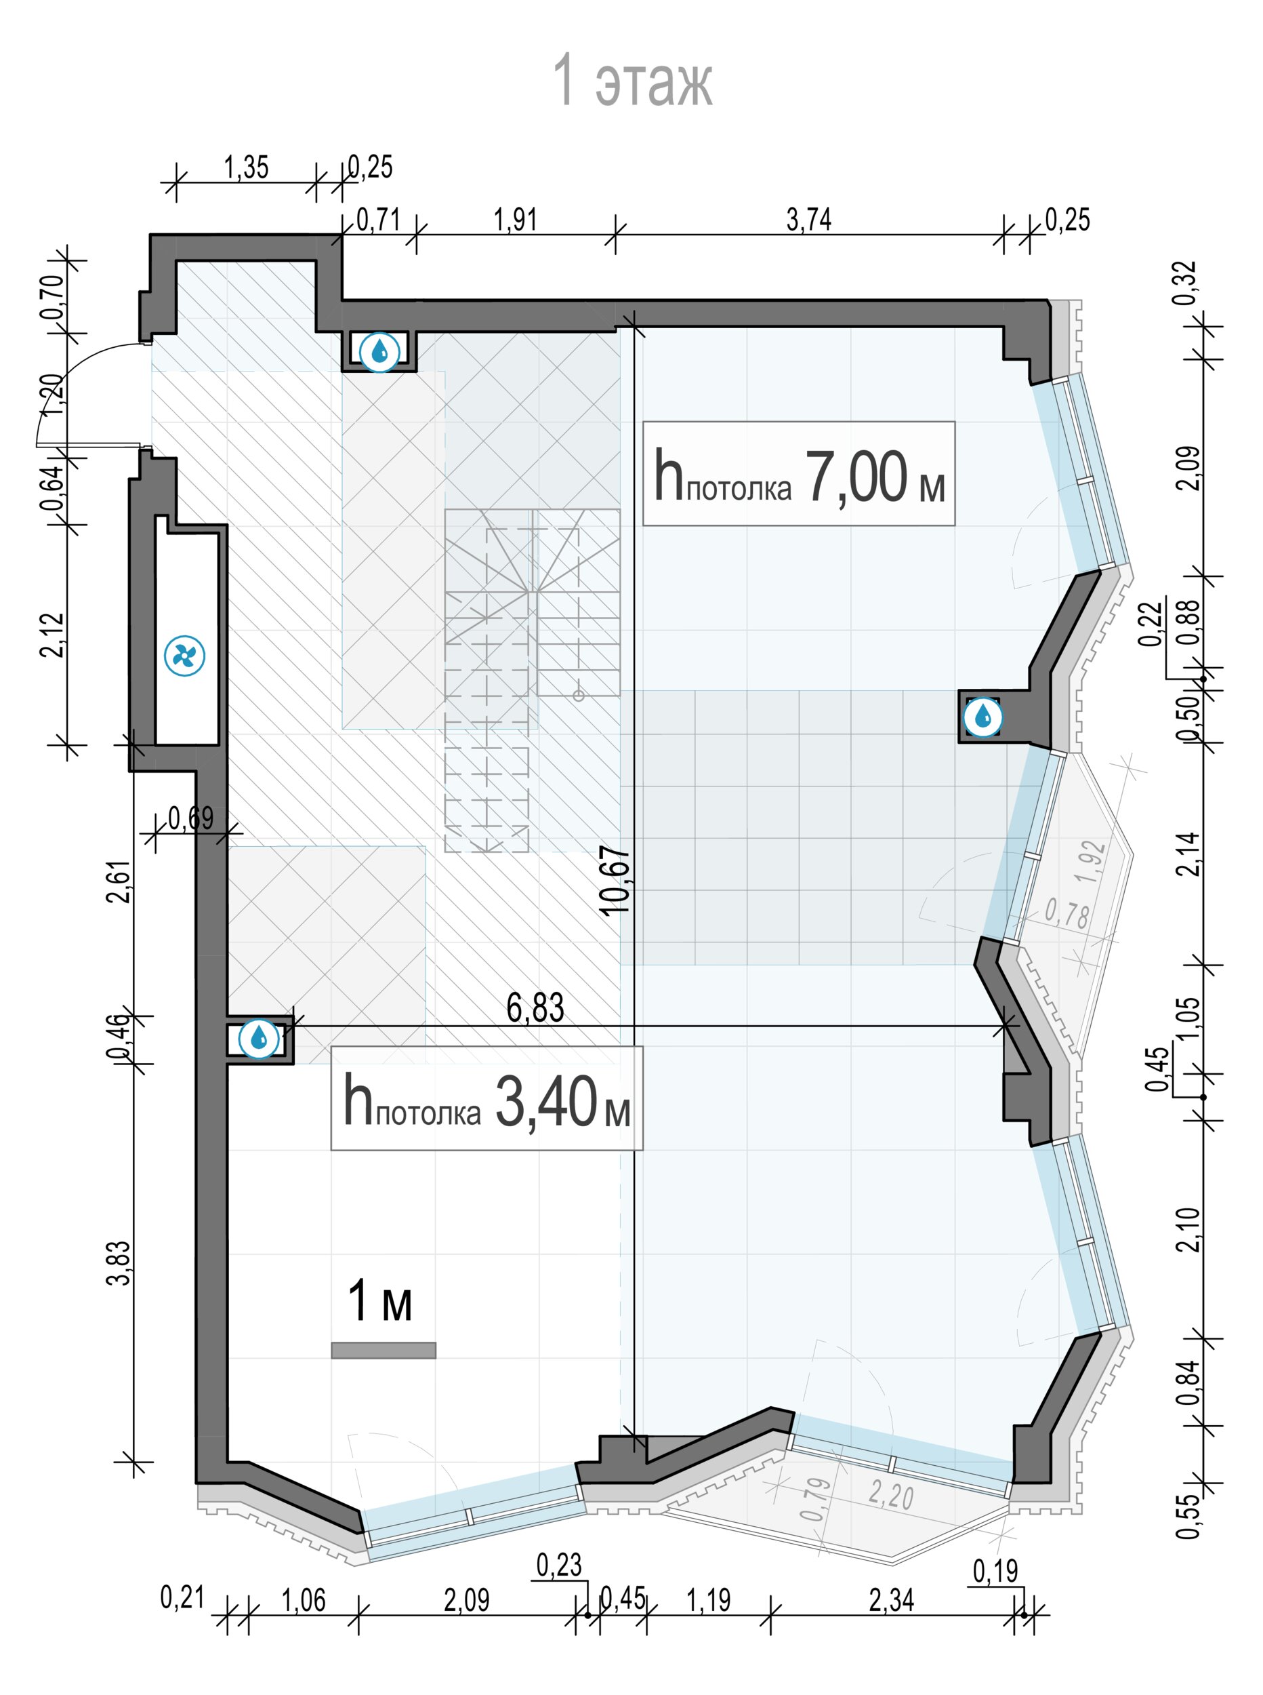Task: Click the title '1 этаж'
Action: (x=631, y=79)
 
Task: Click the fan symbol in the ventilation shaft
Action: (x=185, y=656)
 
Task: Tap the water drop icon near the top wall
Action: (x=379, y=352)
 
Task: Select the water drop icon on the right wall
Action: (x=982, y=717)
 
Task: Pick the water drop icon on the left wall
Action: (x=260, y=1038)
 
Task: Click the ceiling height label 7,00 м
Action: (x=799, y=475)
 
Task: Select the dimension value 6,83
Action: (x=535, y=1008)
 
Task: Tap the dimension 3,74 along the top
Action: (x=809, y=220)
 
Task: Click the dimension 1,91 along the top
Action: (x=516, y=220)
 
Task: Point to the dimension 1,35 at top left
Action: (x=246, y=167)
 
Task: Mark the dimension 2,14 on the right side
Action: (x=1190, y=854)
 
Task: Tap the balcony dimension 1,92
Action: (x=1090, y=862)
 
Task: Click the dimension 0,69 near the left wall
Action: (x=191, y=818)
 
